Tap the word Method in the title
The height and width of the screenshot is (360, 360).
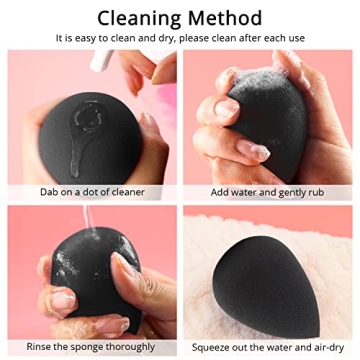coord(227,18)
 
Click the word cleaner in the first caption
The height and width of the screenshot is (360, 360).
coord(127,191)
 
